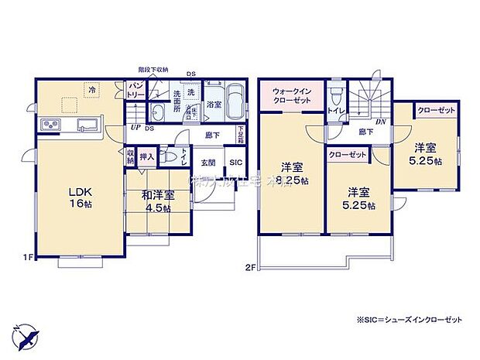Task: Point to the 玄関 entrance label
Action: [208, 163]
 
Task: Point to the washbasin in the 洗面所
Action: [157, 110]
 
